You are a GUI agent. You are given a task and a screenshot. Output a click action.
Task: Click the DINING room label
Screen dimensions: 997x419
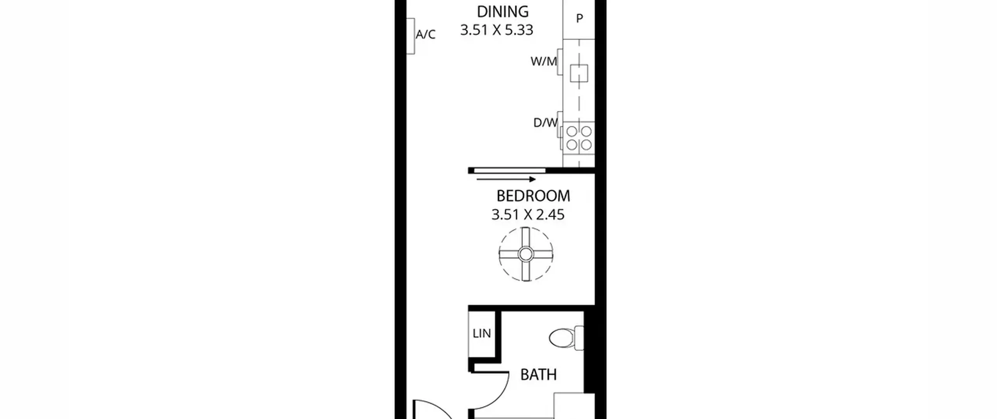tap(503, 12)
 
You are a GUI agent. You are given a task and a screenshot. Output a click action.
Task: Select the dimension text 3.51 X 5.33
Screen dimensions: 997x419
tap(497, 30)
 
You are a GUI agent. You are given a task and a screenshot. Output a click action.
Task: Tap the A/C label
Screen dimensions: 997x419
tap(425, 35)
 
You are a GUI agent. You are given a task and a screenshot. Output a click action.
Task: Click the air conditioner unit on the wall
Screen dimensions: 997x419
tap(410, 36)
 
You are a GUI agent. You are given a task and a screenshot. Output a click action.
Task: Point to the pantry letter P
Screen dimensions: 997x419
tap(580, 18)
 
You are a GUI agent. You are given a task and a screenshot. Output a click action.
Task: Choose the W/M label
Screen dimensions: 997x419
tap(544, 61)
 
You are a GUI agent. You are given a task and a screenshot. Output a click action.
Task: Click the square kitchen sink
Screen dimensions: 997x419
tap(579, 73)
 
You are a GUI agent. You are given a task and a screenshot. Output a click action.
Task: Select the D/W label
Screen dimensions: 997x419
tap(545, 123)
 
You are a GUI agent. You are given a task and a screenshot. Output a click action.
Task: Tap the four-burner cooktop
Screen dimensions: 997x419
tap(579, 138)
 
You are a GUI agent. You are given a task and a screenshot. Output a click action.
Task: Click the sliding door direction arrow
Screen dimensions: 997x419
tap(506, 179)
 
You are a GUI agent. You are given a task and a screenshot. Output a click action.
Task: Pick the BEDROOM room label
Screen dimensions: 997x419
tap(533, 196)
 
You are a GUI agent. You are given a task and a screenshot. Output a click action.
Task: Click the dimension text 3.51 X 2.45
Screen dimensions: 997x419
tap(528, 215)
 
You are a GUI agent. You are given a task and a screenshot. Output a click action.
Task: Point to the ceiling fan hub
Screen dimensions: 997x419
tap(526, 254)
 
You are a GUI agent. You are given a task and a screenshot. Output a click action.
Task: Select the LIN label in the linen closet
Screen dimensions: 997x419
tap(482, 334)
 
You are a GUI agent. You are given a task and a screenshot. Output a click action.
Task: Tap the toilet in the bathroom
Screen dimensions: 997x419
tap(566, 338)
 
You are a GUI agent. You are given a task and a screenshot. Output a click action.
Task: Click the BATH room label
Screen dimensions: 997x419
tap(539, 375)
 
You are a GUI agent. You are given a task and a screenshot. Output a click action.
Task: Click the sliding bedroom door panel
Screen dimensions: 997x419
tap(509, 170)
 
